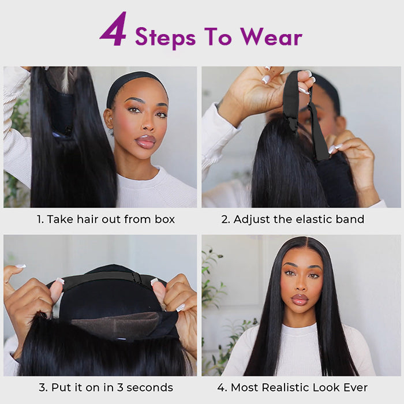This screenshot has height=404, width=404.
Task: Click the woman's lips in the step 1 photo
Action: [145, 141]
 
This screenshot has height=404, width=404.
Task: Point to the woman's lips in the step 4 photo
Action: [300, 298]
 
